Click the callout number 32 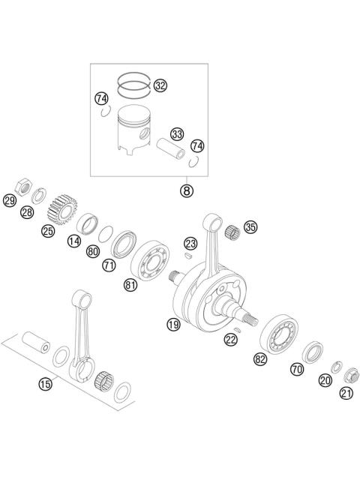click(x=160, y=85)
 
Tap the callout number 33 click(x=177, y=133)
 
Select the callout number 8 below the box click(x=186, y=190)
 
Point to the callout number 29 click(x=10, y=200)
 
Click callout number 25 click(x=48, y=231)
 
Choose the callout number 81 click(x=130, y=284)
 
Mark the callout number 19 click(x=173, y=324)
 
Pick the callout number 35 click(x=250, y=226)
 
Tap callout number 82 click(x=260, y=359)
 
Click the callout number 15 click(x=46, y=384)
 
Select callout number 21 click(x=346, y=393)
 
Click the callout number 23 click(x=190, y=243)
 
